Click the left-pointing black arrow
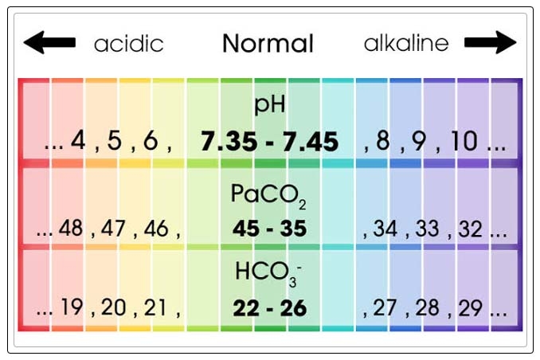49,42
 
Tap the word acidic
128,43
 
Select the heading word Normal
268,43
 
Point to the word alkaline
406,43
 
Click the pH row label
270,105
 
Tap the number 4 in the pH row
78,141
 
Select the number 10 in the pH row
464,141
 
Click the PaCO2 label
269,195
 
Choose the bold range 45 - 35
269,229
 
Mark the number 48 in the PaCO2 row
71,229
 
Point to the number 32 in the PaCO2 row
470,229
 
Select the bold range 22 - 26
269,308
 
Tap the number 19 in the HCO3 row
71,307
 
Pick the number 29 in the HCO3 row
470,308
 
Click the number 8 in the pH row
383,141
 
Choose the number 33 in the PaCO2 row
427,229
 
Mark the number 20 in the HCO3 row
114,307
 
